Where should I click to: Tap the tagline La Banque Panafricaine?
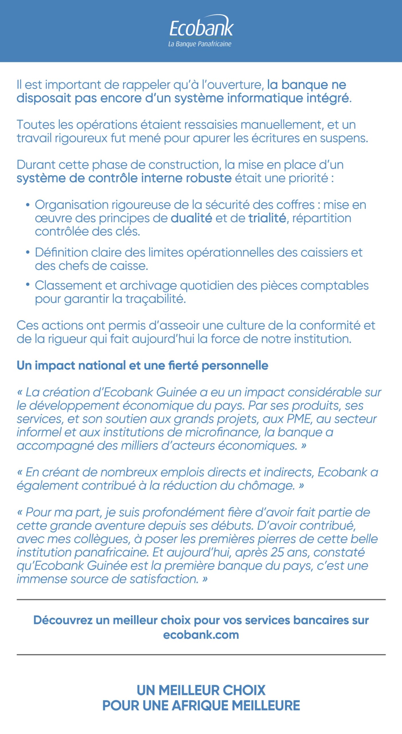click(200, 44)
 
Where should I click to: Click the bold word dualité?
click(191, 218)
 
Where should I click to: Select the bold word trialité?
click(267, 218)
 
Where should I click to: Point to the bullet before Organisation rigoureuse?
click(28, 205)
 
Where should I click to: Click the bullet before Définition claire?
click(28, 253)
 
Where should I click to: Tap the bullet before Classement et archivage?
click(28, 285)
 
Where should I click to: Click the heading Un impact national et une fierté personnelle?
click(142, 366)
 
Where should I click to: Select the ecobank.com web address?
click(201, 635)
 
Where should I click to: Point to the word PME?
click(299, 419)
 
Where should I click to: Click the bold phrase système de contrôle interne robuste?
click(124, 178)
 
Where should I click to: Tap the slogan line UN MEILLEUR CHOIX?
click(201, 690)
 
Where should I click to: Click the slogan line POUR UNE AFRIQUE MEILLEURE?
click(201, 706)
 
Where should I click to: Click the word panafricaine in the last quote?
click(112, 552)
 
